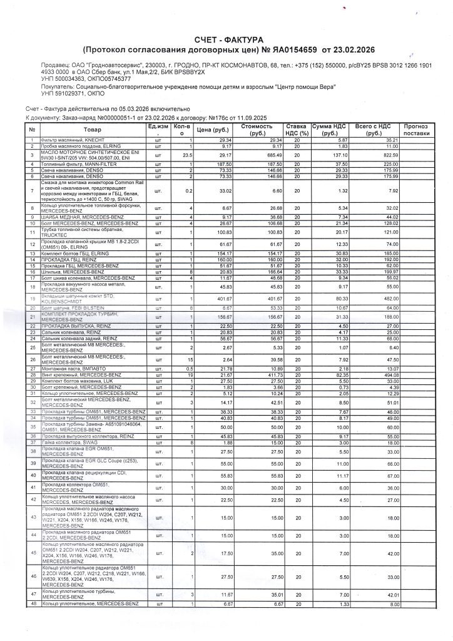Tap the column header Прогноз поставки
(417, 130)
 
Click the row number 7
(31, 190)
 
